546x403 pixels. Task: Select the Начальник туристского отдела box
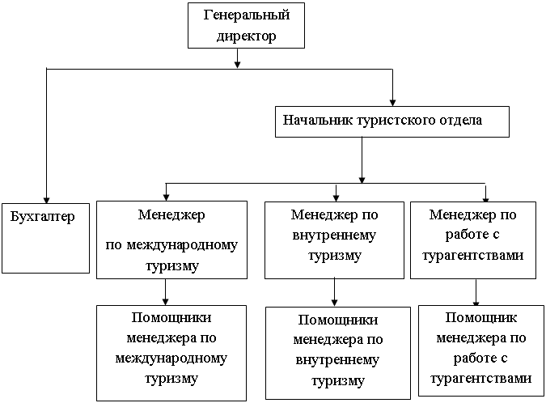pyautogui.click(x=393, y=121)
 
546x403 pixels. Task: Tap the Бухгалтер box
pyautogui.click(x=44, y=237)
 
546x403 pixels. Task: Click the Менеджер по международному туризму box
pyautogui.click(x=171, y=240)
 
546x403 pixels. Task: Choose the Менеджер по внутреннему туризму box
pyautogui.click(x=335, y=240)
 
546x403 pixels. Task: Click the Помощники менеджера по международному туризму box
pyautogui.click(x=171, y=352)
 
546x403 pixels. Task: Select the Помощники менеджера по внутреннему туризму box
pyautogui.click(x=335, y=354)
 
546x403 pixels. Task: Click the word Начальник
pyautogui.click(x=313, y=121)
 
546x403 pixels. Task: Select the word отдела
pyautogui.click(x=462, y=121)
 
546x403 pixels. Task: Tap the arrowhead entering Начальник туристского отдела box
pyautogui.click(x=393, y=102)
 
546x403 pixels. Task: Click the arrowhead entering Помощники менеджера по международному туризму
pyautogui.click(x=165, y=301)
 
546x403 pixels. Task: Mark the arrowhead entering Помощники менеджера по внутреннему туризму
pyautogui.click(x=335, y=302)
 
